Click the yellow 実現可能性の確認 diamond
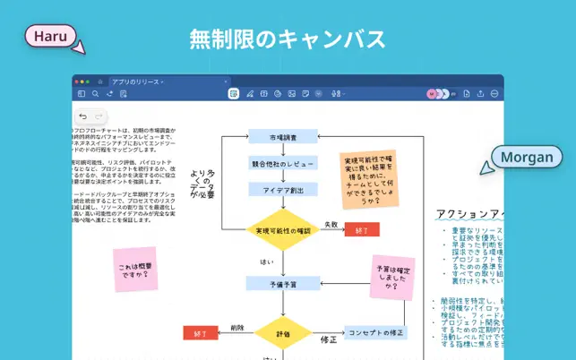283,230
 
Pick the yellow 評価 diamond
283,333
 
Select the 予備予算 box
283,283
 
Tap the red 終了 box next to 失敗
362,229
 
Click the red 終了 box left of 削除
200,333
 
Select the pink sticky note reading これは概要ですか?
134,270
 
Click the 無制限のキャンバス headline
288,39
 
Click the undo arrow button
82,116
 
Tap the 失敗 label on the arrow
331,224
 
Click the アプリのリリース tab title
136,81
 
